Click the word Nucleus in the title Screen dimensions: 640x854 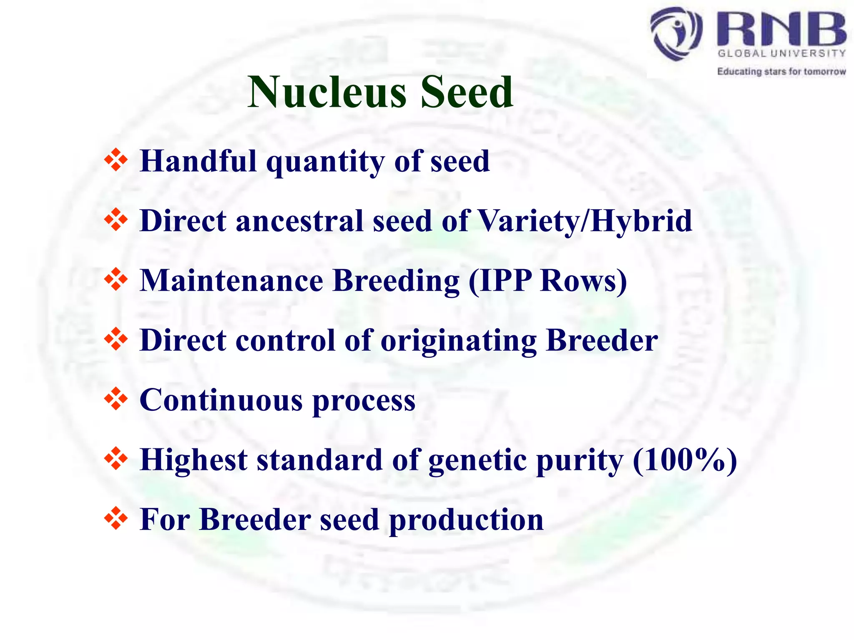[x=327, y=92]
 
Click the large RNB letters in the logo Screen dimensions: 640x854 [x=781, y=29]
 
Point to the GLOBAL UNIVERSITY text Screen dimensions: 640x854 [x=781, y=53]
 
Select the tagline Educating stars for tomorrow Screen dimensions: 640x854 [x=781, y=72]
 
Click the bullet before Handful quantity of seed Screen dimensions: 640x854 [x=116, y=160]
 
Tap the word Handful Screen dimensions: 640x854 [x=198, y=161]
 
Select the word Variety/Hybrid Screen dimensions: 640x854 [x=585, y=221]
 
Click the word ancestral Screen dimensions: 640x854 [x=299, y=221]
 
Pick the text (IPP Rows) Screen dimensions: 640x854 [x=548, y=281]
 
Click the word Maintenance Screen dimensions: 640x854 [x=231, y=281]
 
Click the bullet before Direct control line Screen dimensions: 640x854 [x=116, y=340]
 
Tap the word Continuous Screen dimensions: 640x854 [x=221, y=400]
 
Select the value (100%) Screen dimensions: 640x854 [x=685, y=460]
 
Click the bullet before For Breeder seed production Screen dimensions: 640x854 [x=116, y=519]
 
